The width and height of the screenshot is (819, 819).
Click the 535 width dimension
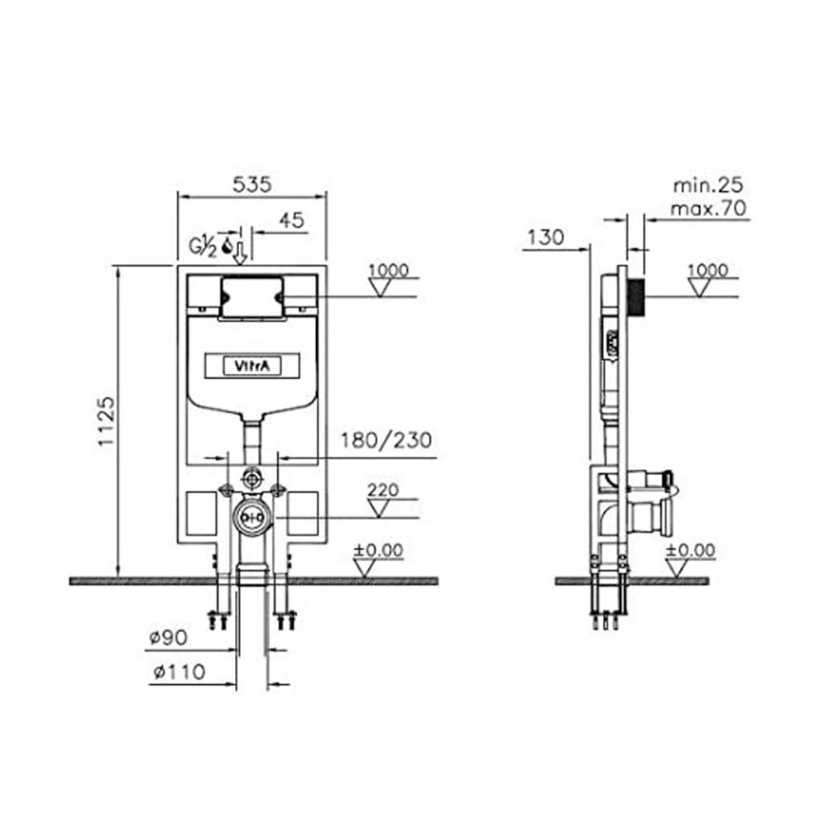click(x=252, y=184)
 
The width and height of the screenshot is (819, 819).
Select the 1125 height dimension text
click(x=107, y=421)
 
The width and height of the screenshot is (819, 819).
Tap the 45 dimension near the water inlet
click(x=291, y=220)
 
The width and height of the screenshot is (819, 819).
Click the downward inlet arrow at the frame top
click(x=240, y=253)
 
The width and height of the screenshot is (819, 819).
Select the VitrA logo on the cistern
click(x=252, y=366)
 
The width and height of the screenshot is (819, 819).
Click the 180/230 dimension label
click(x=386, y=440)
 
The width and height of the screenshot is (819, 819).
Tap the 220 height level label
click(x=383, y=490)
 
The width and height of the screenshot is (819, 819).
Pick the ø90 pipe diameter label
click(x=168, y=637)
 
